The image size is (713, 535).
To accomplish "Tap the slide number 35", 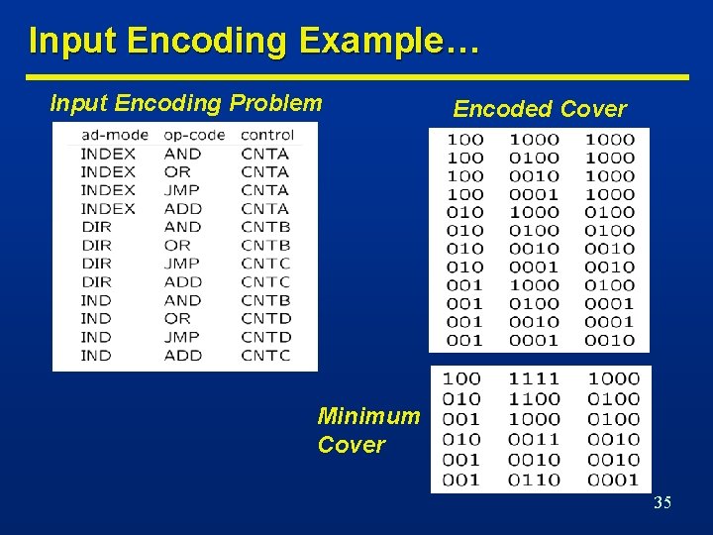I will pos(662,503).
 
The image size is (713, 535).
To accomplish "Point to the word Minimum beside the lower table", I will pos(368,416).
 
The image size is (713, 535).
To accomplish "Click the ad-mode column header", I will pos(115,135).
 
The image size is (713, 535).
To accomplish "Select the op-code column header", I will pos(195,135).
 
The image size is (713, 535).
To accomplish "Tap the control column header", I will pos(266,135).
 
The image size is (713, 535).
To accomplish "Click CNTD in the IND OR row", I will pos(265,318).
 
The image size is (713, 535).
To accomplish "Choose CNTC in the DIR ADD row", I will pos(265,281).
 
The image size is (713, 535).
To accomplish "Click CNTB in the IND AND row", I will pos(265,300).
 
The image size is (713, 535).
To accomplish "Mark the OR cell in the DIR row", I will pos(177,245).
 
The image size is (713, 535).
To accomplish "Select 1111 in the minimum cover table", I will pos(534,378).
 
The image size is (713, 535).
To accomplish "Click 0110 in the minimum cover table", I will pos(534,480).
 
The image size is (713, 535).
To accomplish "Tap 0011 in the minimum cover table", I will pos(534,439).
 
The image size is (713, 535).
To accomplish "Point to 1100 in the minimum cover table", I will pos(534,398).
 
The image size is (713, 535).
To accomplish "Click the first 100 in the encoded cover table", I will pos(465,140).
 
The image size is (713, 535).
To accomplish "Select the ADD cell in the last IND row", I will pos(182,355).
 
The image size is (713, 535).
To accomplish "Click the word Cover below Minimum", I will pos(351,445).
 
